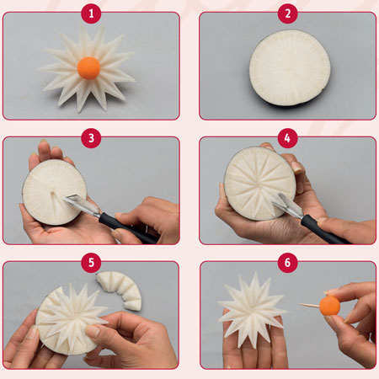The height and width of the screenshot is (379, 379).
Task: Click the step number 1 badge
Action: (91, 13)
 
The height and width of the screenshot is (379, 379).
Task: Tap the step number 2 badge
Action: (288, 13)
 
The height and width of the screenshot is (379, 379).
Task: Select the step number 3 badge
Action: (91, 138)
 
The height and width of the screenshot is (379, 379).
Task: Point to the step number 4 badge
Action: (288, 138)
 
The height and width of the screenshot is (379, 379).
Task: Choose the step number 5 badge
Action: (91, 263)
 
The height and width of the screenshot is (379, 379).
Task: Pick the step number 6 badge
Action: (288, 263)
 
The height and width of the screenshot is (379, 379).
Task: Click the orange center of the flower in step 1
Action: (88, 67)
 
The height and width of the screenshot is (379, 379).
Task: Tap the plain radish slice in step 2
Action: (290, 69)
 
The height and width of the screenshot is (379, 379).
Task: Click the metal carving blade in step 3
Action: (82, 205)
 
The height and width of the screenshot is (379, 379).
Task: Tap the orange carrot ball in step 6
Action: (329, 306)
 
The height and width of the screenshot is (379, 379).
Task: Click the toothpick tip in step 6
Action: (299, 304)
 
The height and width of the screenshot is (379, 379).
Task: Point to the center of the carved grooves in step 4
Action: (258, 184)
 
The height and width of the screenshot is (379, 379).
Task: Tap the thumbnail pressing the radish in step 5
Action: (93, 331)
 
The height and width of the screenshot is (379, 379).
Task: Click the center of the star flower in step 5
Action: (72, 314)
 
